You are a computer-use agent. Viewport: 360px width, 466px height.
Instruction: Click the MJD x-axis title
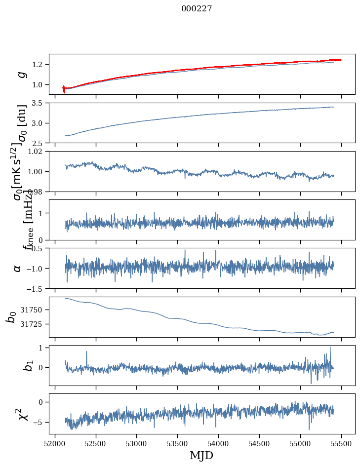tap(201, 455)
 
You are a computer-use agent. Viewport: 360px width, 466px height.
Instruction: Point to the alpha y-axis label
tap(17, 268)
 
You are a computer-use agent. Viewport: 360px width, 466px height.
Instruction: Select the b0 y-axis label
tap(11, 317)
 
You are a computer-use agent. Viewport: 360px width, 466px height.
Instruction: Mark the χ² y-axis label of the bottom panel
tap(20, 414)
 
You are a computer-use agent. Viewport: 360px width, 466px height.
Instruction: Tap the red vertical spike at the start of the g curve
tap(64, 88)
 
